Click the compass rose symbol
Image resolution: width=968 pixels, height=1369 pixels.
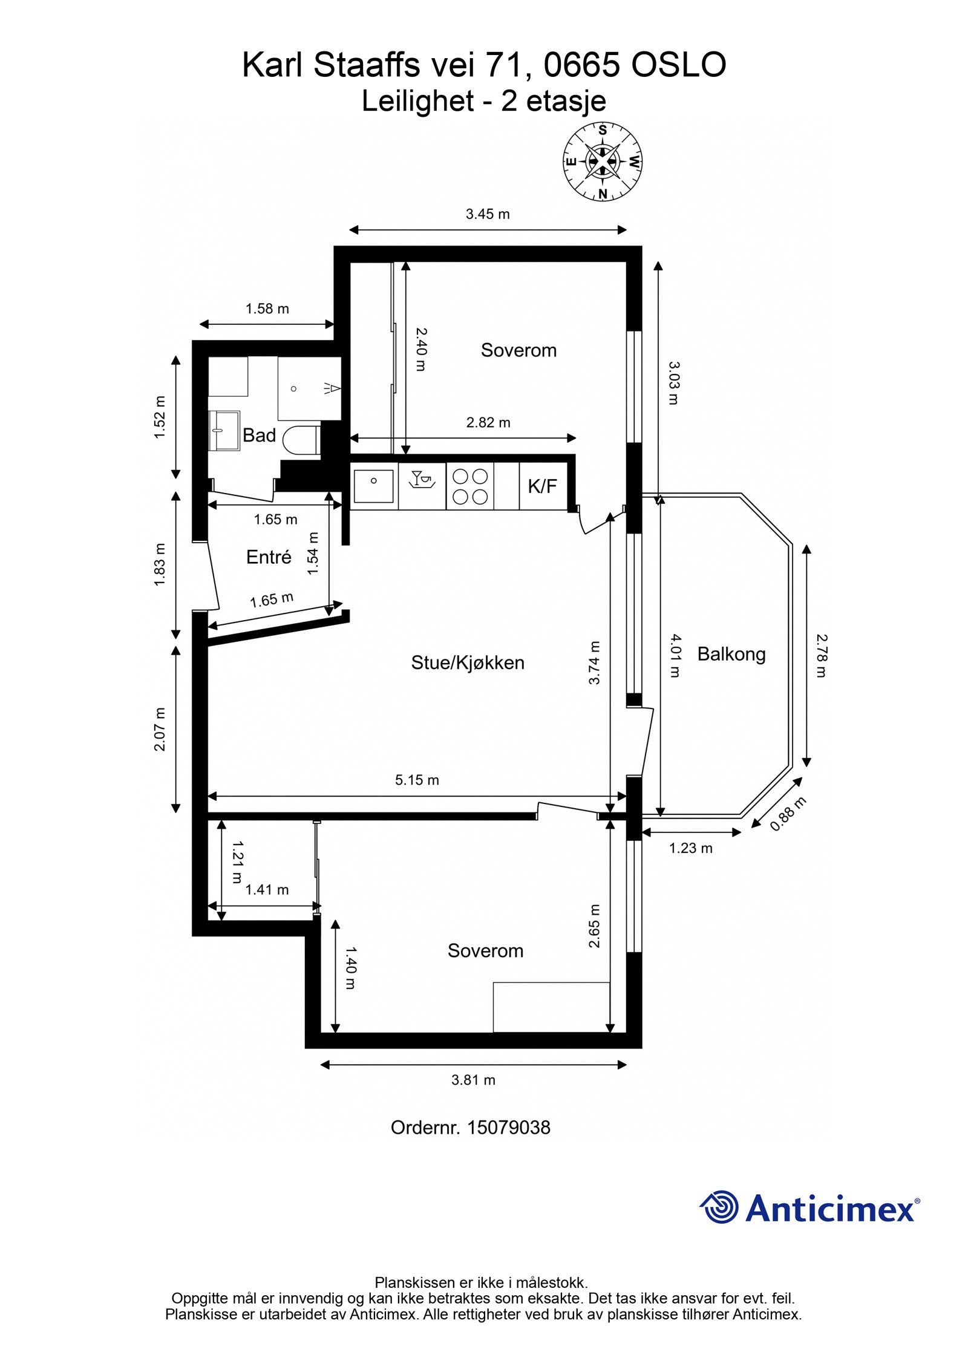click(603, 162)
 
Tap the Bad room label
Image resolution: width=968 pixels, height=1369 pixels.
click(259, 436)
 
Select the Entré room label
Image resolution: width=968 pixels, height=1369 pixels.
click(269, 557)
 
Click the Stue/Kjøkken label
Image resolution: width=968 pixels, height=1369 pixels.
click(468, 662)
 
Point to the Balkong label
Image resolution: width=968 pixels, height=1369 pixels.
click(731, 654)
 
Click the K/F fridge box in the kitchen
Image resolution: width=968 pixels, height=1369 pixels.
click(543, 486)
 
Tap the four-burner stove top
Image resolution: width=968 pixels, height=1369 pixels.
click(470, 486)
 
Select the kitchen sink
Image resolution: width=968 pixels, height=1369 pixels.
click(374, 486)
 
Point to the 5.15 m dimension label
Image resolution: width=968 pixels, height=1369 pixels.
click(417, 780)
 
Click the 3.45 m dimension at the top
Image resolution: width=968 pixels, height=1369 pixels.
click(488, 214)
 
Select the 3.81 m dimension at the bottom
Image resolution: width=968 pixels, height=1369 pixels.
click(473, 1080)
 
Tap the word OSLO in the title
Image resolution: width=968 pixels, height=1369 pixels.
click(679, 65)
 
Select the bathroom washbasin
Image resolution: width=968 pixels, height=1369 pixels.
click(224, 431)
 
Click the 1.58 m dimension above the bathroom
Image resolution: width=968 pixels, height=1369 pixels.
click(267, 309)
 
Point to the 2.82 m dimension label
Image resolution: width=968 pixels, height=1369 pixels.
click(488, 423)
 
